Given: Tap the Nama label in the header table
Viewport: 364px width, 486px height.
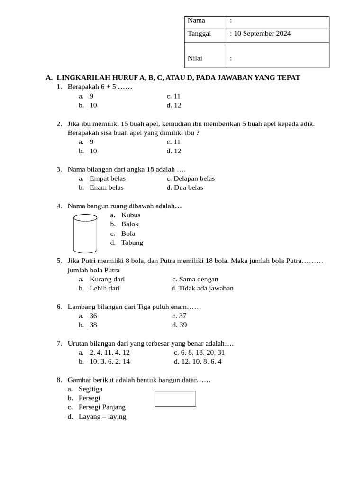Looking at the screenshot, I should click(196, 20).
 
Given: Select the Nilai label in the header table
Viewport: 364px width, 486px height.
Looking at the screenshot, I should click(195, 58).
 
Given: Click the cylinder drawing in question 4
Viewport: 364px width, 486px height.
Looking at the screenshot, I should click(85, 234).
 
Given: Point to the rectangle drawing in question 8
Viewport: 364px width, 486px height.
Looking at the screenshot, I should click(175, 399).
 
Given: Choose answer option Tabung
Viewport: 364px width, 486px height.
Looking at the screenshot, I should click(132, 243).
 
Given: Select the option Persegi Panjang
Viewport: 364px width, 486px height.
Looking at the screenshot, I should click(102, 407).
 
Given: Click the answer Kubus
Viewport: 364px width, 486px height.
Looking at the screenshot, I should click(131, 215).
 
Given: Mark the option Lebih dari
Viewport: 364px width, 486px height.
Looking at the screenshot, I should click(105, 288).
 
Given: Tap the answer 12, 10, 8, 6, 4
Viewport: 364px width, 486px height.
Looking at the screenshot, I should click(201, 361).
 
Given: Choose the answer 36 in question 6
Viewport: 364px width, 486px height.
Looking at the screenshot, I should click(93, 316).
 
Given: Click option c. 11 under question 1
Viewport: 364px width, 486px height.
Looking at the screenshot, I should click(174, 96).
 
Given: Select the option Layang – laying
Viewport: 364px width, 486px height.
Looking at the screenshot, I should click(102, 417).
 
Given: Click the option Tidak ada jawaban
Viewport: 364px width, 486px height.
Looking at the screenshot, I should click(206, 288).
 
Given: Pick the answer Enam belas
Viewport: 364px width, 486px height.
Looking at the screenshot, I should click(107, 187).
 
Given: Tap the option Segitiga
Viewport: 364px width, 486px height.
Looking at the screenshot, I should click(91, 389).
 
